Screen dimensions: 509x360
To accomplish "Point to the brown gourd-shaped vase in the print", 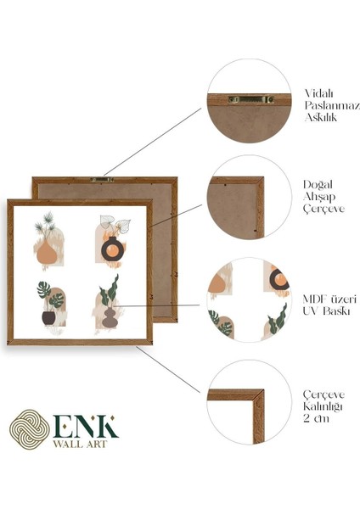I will [109, 317].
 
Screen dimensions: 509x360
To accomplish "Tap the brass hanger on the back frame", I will [104, 179].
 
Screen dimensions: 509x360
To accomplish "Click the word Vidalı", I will [318, 93].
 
